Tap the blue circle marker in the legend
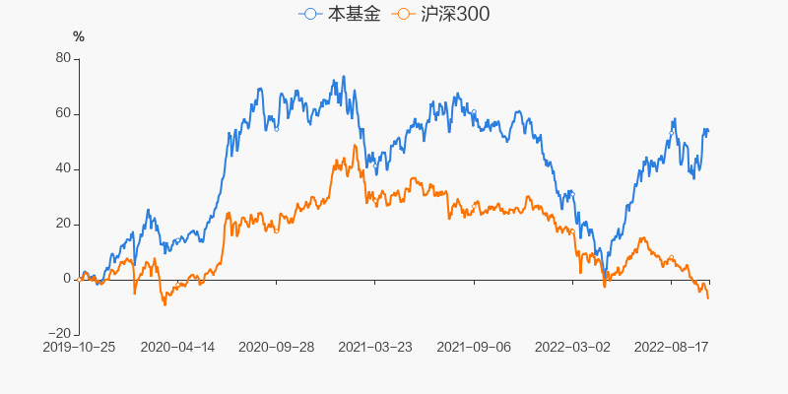click(x=311, y=15)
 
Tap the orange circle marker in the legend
click(x=402, y=15)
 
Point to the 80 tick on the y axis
click(x=63, y=58)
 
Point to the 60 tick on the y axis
click(x=63, y=113)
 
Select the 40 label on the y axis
click(x=63, y=168)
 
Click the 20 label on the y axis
click(x=63, y=224)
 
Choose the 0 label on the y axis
click(x=67, y=279)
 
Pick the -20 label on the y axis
click(x=61, y=334)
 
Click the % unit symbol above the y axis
click(x=79, y=36)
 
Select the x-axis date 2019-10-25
click(x=79, y=347)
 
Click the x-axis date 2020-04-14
click(x=177, y=347)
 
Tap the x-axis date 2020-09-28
click(x=277, y=347)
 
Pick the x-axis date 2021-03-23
click(x=375, y=347)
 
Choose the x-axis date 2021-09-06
click(x=474, y=347)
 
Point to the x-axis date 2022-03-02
click(x=572, y=347)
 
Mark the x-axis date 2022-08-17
click(x=671, y=347)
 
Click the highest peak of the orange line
click(x=355, y=146)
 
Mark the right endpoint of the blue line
click(x=708, y=131)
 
